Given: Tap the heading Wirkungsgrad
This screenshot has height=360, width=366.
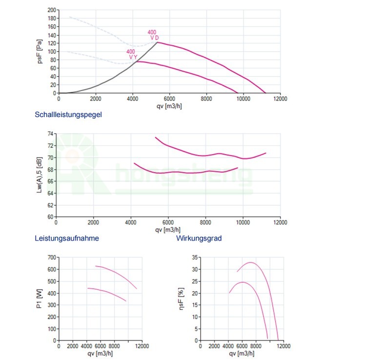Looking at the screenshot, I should point(199,239).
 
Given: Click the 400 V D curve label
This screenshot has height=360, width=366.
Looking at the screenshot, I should point(153,35).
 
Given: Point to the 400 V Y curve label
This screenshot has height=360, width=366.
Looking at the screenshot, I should point(131,54).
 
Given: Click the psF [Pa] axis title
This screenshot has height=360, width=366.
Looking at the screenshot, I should point(41,52).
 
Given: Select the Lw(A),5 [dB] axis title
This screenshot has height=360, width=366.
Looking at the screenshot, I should point(39,176).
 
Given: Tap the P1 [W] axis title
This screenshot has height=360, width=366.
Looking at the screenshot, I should point(39,299).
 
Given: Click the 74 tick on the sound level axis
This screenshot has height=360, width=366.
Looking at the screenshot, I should point(51,134).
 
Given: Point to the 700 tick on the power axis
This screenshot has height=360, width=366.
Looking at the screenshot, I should point(52,257).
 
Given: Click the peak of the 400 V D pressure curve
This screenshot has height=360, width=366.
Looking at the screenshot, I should point(157,42).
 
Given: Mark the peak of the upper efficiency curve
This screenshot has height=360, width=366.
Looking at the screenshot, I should point(251,262).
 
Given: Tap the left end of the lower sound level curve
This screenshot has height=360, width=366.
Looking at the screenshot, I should point(134,163).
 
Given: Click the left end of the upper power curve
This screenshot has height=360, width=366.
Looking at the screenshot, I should point(95,266).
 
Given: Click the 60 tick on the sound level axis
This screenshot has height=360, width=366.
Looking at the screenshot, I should point(51,217).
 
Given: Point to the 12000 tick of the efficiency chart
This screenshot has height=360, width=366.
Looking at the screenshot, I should point(284,346).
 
